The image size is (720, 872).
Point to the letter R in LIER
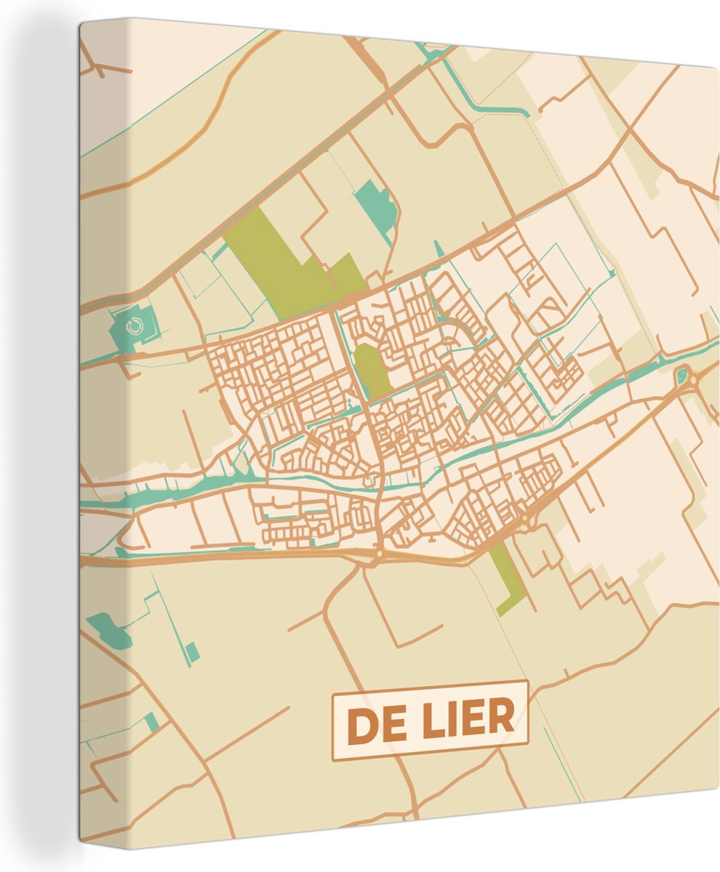tap(502, 718)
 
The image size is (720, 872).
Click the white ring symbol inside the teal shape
tap(133, 328)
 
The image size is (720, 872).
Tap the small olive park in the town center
tap(370, 368)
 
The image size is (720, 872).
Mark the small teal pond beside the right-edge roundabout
tap(681, 376)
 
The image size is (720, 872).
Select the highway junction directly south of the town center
tap(379, 555)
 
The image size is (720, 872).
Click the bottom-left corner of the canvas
tap(81, 843)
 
